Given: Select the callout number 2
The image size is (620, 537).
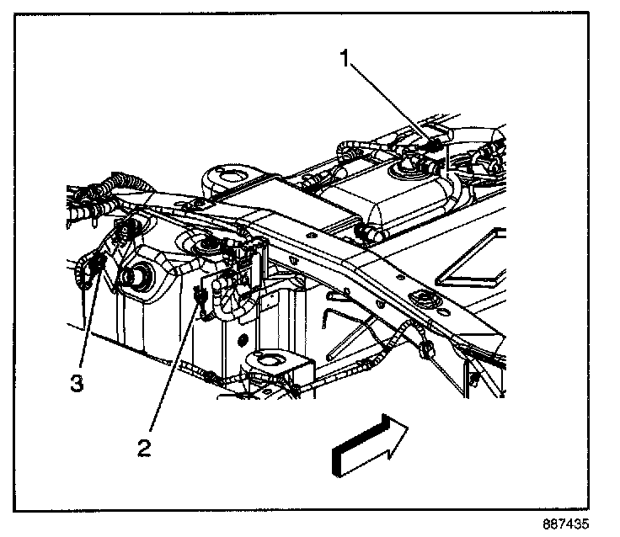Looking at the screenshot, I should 145,447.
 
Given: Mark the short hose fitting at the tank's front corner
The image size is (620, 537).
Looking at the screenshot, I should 369,232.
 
